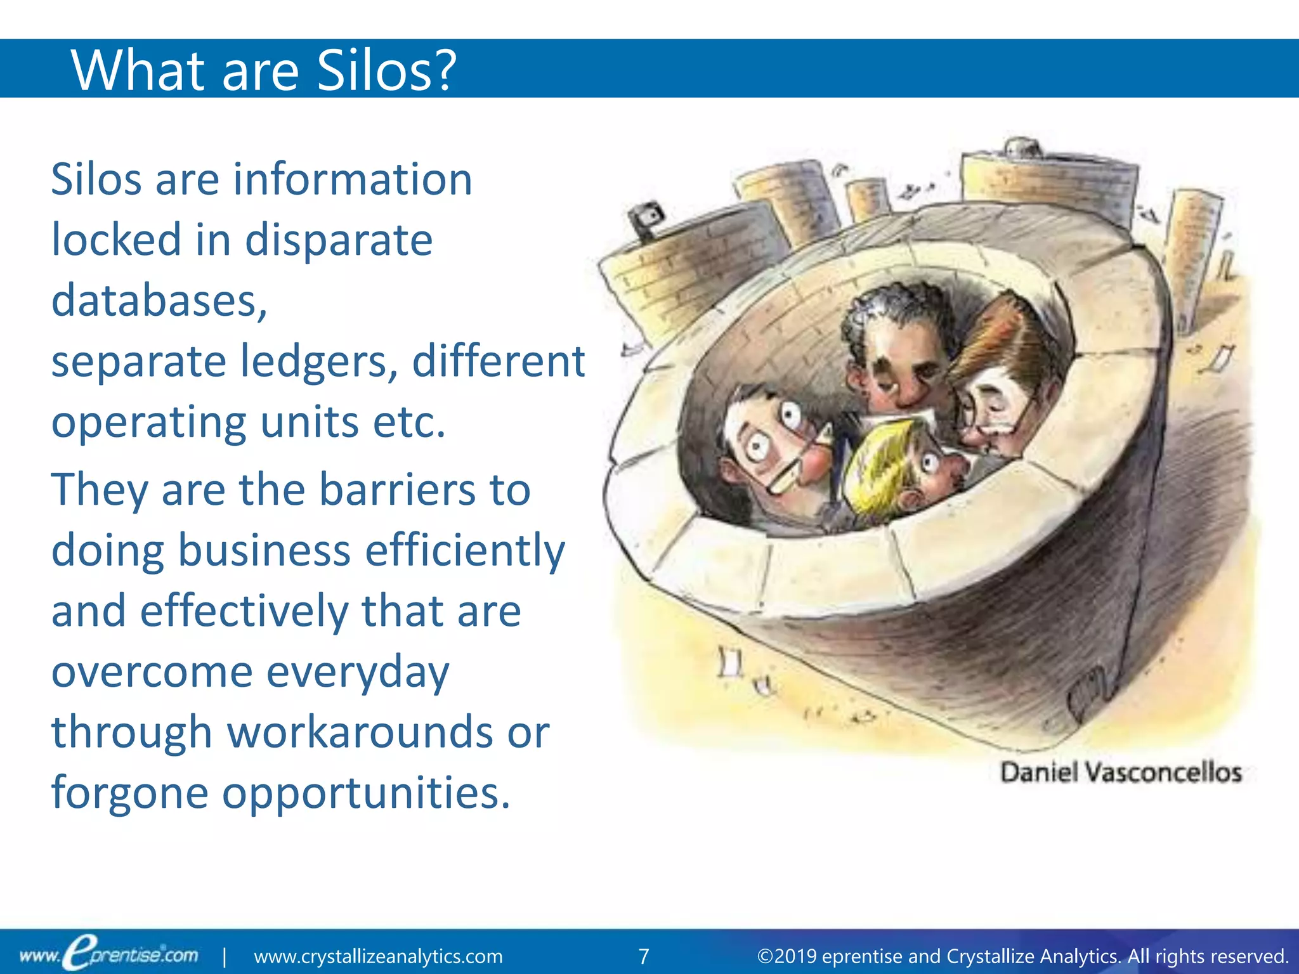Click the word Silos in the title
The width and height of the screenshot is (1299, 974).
pos(386,70)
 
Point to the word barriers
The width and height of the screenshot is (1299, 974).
pos(397,490)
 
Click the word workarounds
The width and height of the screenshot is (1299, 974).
pos(360,732)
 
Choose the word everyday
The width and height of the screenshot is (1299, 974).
pos(358,672)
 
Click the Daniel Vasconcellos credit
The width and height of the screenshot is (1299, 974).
pos(1120,773)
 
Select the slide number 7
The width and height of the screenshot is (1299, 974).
pos(643,956)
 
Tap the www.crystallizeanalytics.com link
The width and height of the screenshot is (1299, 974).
pos(378,956)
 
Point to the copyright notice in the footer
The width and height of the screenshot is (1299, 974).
pos(1022,956)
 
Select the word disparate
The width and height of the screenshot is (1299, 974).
pos(339,240)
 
